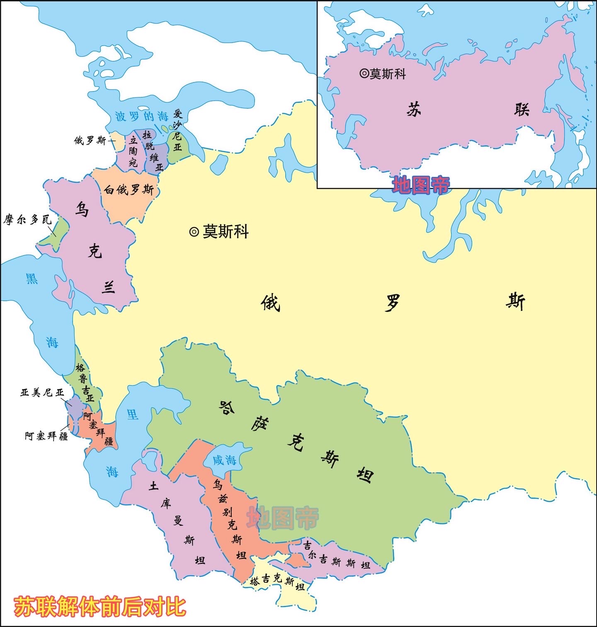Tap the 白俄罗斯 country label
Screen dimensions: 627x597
click(129, 190)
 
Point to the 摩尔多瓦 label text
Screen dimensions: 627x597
click(27, 219)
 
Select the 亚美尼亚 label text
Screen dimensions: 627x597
click(42, 392)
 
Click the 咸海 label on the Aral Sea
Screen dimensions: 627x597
click(224, 460)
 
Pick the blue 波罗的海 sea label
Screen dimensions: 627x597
click(141, 116)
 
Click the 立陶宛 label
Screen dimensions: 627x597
click(133, 151)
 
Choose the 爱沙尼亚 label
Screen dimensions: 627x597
click(177, 130)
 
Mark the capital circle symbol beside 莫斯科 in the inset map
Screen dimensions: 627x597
click(364, 74)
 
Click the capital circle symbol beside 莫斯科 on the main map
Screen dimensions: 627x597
click(194, 232)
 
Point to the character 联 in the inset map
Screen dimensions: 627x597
click(522, 109)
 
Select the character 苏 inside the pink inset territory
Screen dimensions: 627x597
click(413, 109)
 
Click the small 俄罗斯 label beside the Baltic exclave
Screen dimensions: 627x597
click(90, 140)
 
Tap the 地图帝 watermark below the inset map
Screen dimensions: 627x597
click(421, 185)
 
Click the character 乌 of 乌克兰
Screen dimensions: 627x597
click(82, 209)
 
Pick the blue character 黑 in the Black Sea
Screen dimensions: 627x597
click(32, 278)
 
